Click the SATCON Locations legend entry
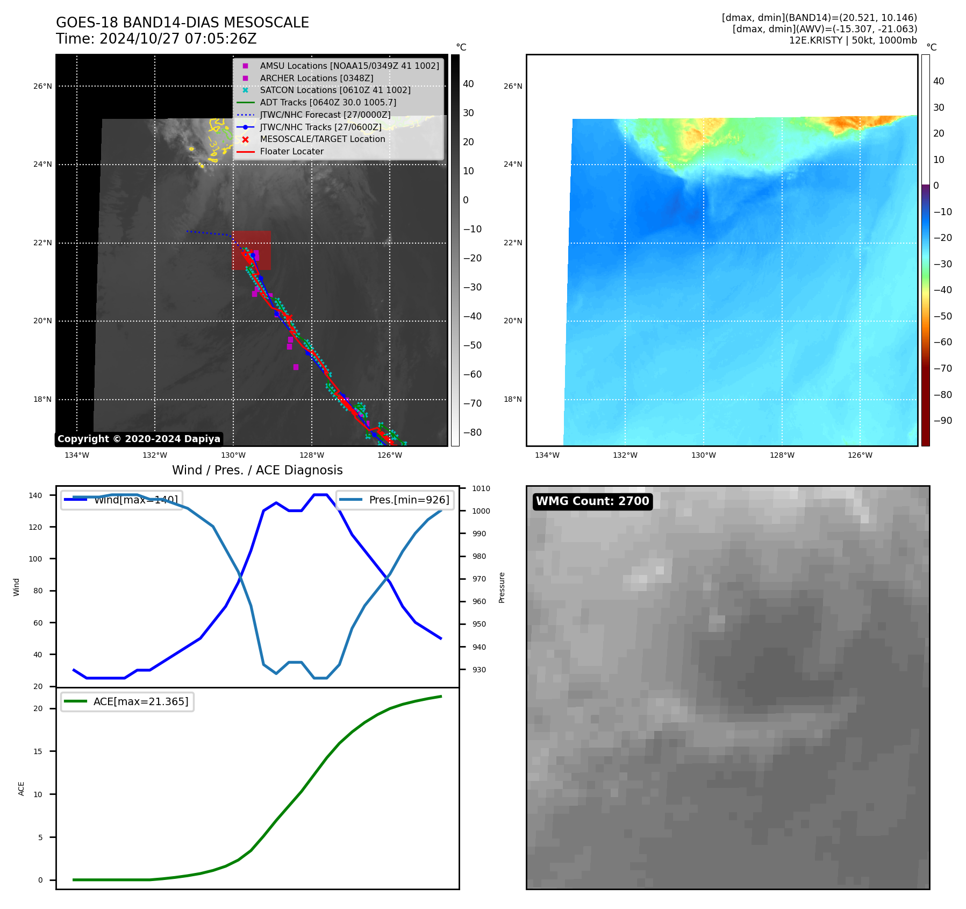(x=335, y=90)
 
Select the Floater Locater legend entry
(x=291, y=152)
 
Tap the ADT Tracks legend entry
(x=328, y=103)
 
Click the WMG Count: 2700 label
(x=592, y=501)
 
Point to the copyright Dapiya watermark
(x=139, y=439)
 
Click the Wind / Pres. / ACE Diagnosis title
(x=257, y=470)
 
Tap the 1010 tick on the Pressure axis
(x=481, y=488)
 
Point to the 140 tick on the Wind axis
(x=35, y=495)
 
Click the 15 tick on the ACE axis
(x=38, y=751)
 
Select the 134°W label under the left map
(x=77, y=456)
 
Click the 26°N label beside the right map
(x=512, y=86)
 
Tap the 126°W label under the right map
(x=860, y=456)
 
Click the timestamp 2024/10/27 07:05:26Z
(x=178, y=39)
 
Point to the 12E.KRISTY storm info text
(x=853, y=40)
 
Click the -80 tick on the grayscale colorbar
(x=473, y=432)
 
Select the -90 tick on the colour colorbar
(x=942, y=421)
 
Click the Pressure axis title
(x=502, y=587)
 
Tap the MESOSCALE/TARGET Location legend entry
(x=322, y=139)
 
